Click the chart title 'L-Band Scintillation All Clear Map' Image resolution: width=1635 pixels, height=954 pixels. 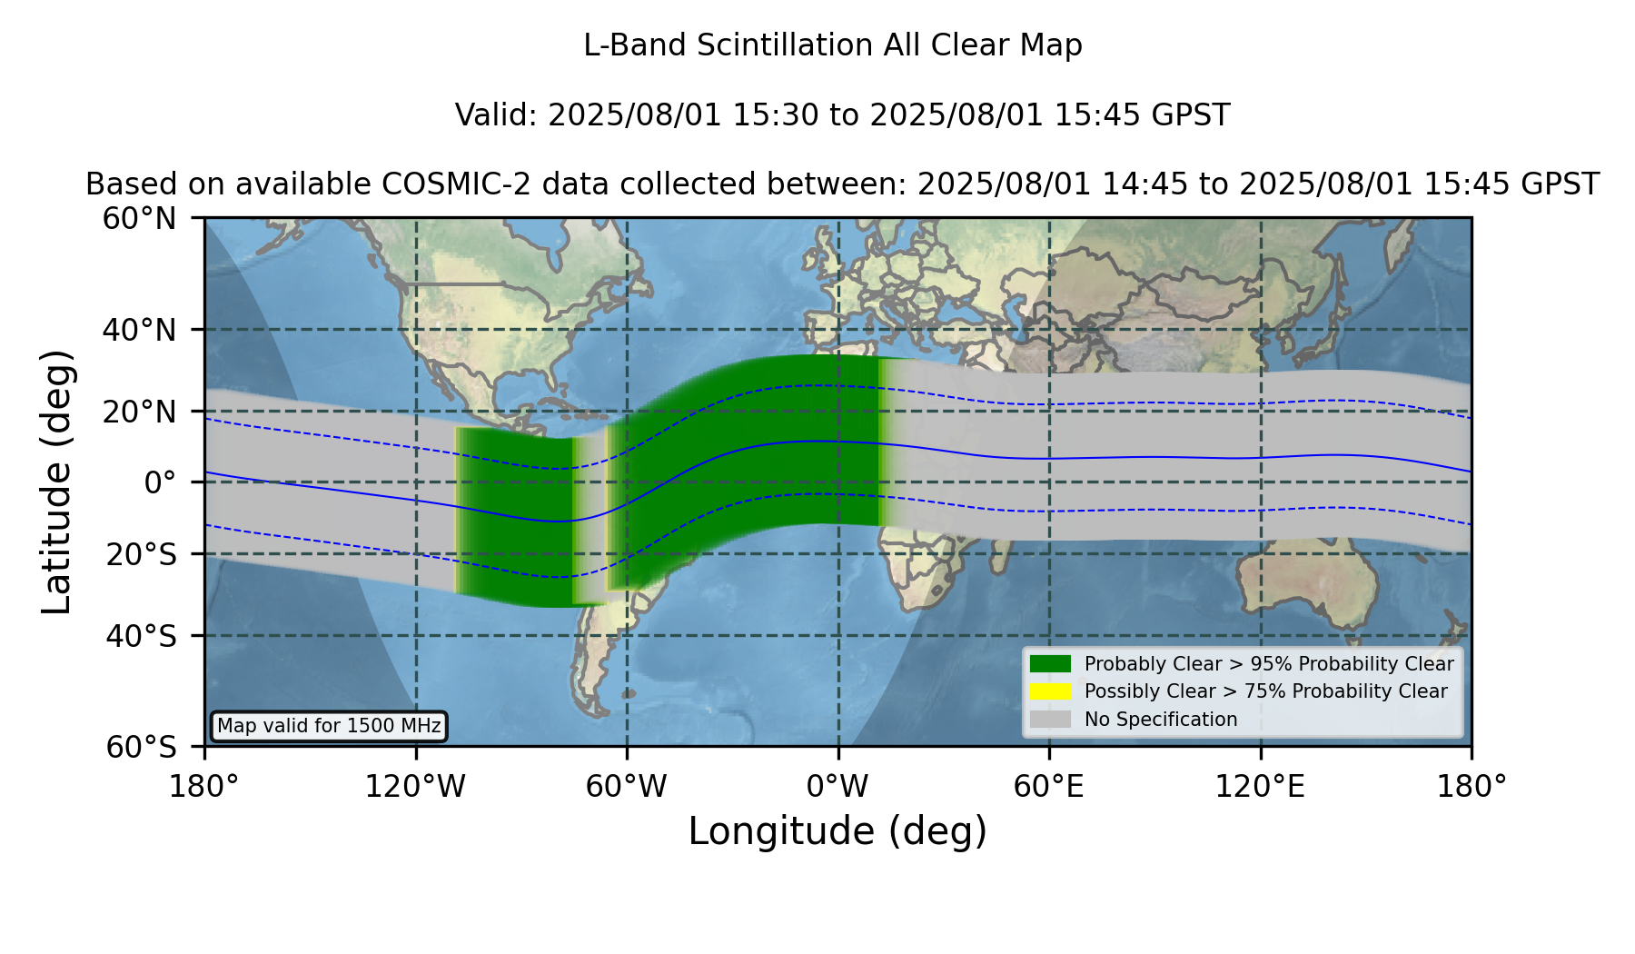point(833,45)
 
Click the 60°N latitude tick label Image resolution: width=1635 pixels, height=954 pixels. point(140,219)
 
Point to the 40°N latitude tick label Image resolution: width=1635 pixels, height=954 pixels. point(140,330)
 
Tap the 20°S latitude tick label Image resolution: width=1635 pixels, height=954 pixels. point(142,554)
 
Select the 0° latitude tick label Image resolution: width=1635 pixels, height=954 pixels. point(160,482)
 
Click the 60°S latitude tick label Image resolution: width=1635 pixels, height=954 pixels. point(142,748)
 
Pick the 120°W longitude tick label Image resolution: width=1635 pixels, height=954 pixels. point(415,787)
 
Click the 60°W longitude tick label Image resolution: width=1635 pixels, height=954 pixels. point(627,787)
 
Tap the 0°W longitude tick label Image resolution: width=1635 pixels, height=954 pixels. point(837,787)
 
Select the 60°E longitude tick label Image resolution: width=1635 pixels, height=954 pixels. point(1049,787)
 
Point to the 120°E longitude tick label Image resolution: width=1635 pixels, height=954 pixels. point(1261,787)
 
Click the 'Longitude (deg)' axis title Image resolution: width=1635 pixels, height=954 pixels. point(837,831)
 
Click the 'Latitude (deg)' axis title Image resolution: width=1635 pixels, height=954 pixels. point(56,482)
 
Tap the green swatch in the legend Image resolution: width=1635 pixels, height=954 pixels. point(1050,664)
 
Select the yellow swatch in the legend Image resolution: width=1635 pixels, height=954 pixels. point(1050,691)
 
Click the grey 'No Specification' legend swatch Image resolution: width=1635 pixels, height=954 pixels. point(1050,720)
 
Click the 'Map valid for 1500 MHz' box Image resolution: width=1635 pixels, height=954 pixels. point(329,726)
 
